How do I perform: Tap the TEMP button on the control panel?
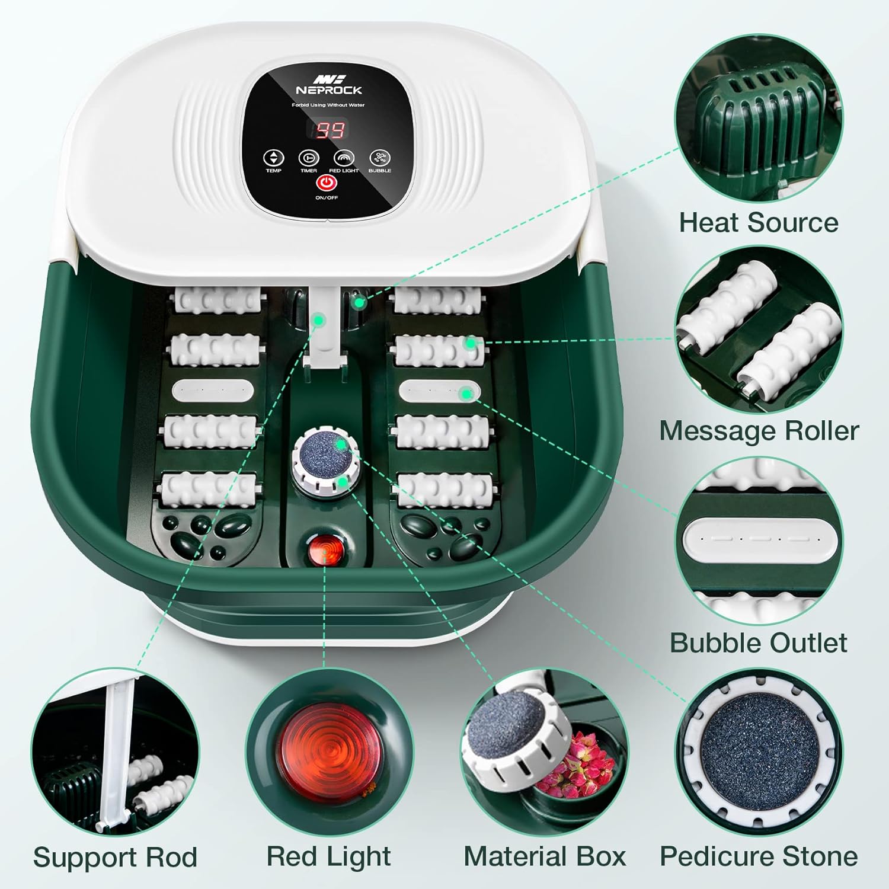[x=273, y=158]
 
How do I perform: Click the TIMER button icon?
[x=309, y=158]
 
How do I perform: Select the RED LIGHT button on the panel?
[x=344, y=158]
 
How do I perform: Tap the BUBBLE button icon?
[x=380, y=158]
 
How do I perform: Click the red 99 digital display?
[x=330, y=130]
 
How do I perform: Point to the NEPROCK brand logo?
[x=329, y=85]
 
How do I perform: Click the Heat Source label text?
[x=759, y=223]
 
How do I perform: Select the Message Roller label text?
[x=759, y=431]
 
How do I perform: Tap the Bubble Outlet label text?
[x=759, y=642]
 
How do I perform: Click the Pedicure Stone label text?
[x=759, y=856]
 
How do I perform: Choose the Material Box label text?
[x=545, y=856]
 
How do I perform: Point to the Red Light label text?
[x=328, y=857]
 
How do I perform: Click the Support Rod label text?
[x=115, y=858]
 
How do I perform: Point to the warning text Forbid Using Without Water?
[x=328, y=105]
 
